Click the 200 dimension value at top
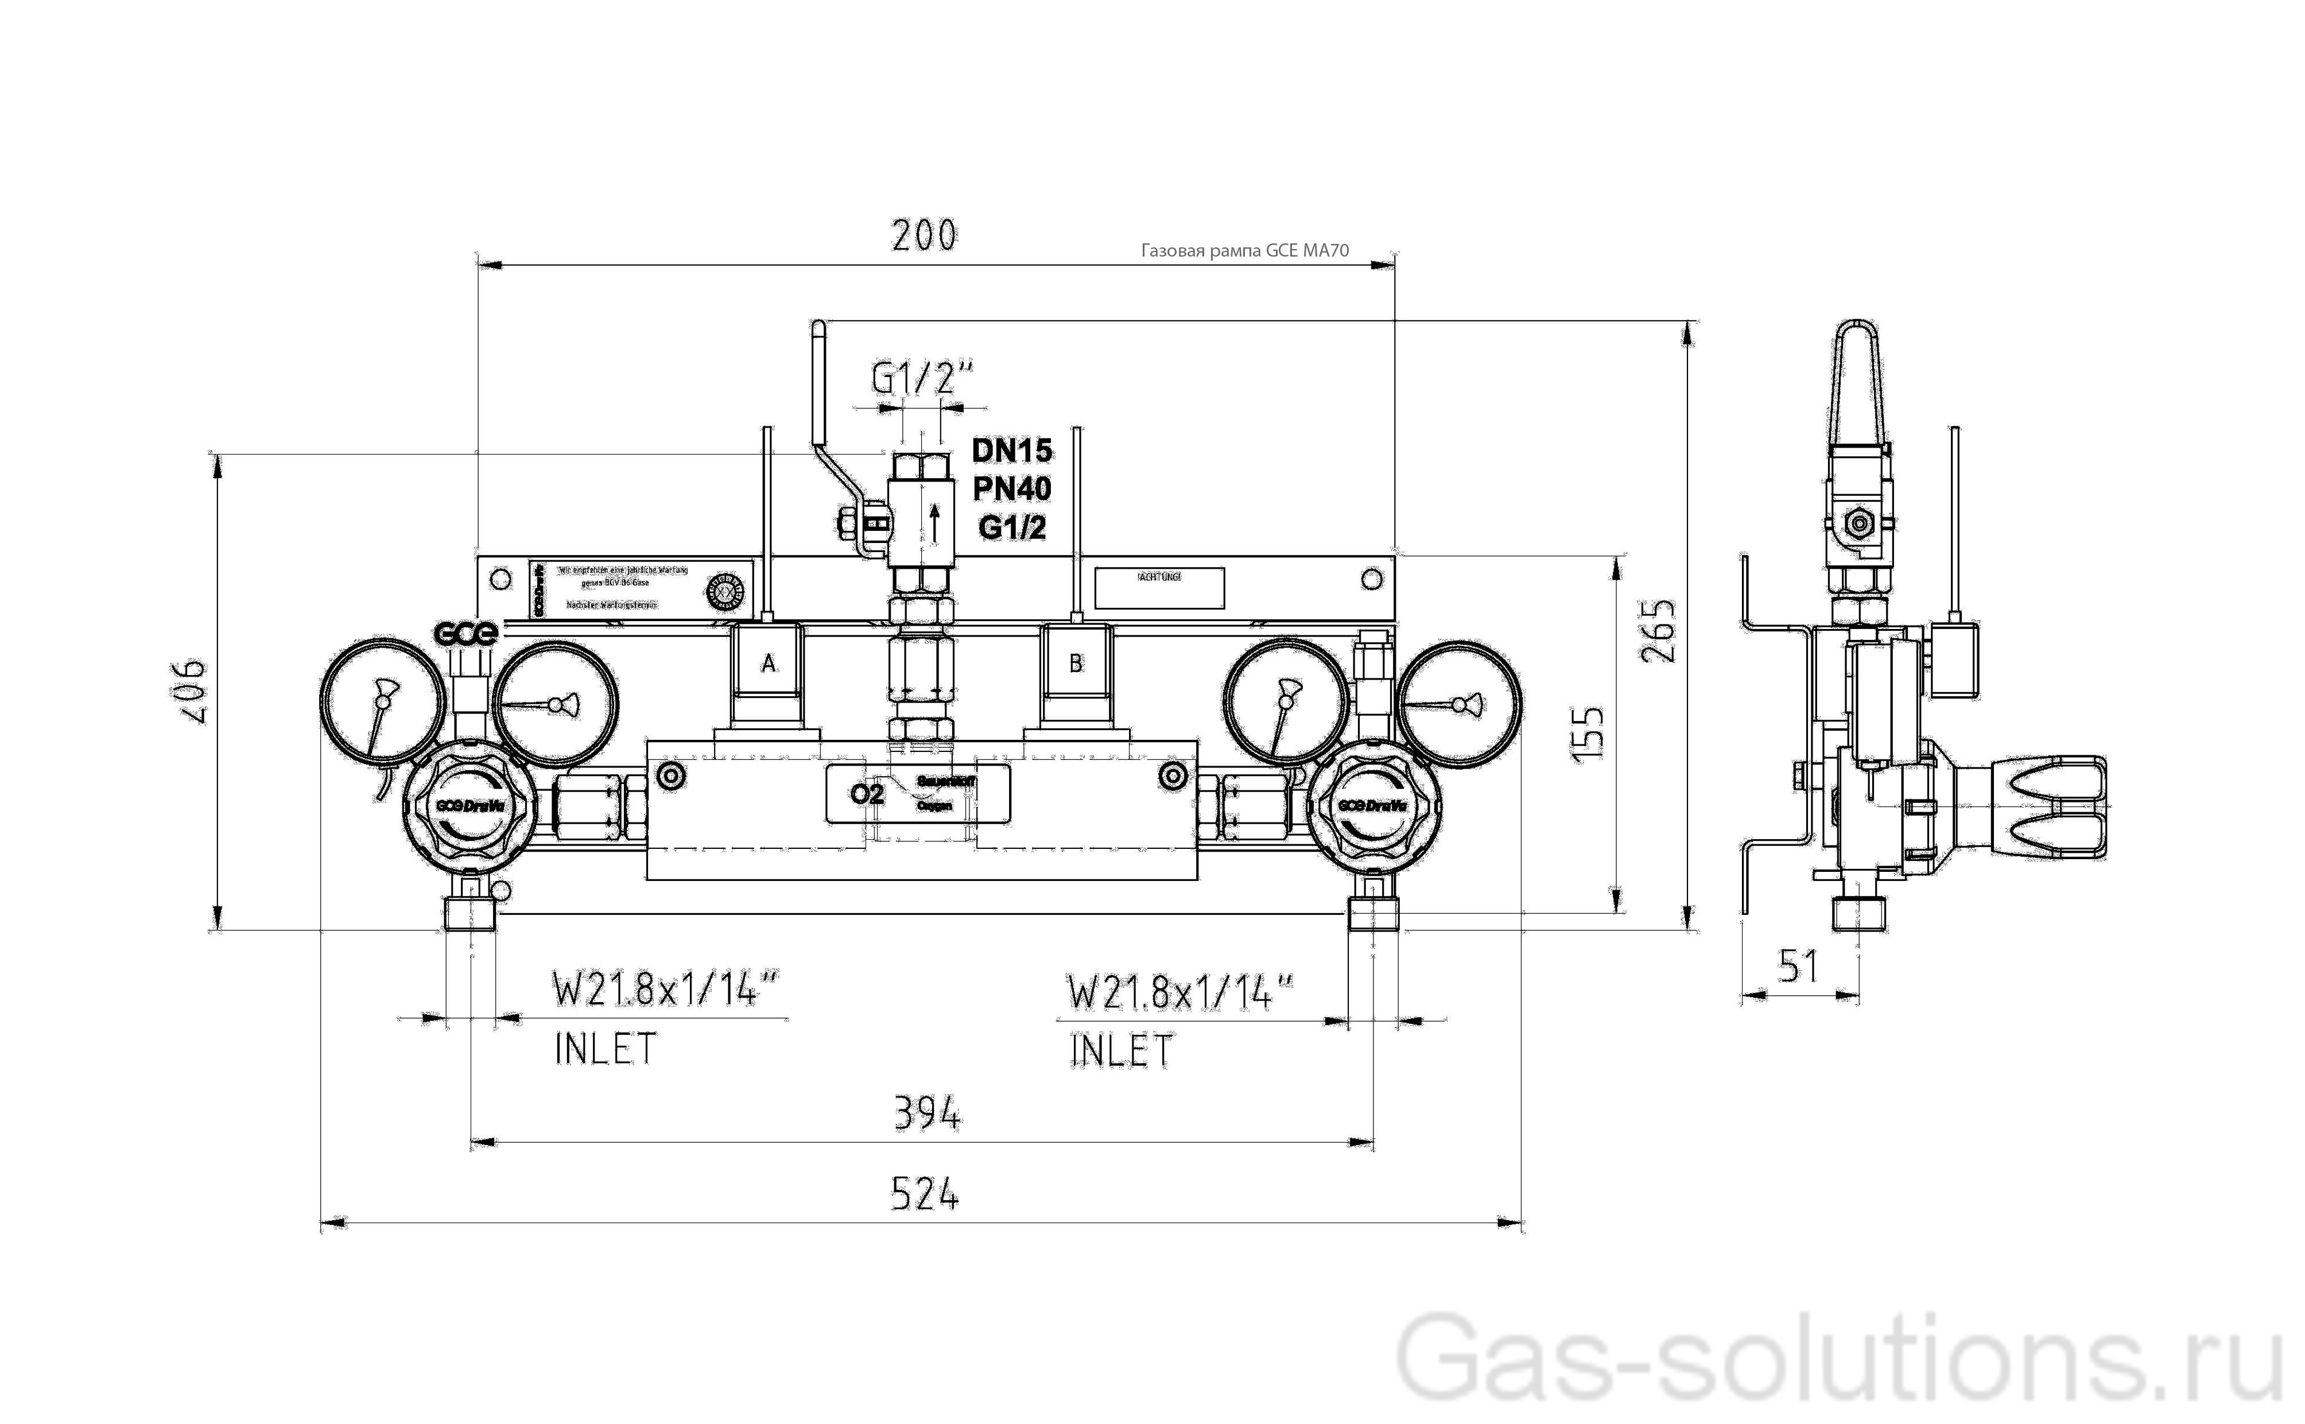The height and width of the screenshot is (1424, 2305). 923,235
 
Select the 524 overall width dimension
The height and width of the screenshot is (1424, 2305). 923,1195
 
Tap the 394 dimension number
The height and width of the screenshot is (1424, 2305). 926,1114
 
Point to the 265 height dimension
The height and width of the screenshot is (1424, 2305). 1659,630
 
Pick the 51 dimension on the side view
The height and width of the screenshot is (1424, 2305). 1798,967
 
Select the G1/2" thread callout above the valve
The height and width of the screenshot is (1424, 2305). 920,379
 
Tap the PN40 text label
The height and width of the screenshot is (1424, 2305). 1011,489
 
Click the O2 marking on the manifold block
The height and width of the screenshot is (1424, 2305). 866,794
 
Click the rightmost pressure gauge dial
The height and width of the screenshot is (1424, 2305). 1458,704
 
